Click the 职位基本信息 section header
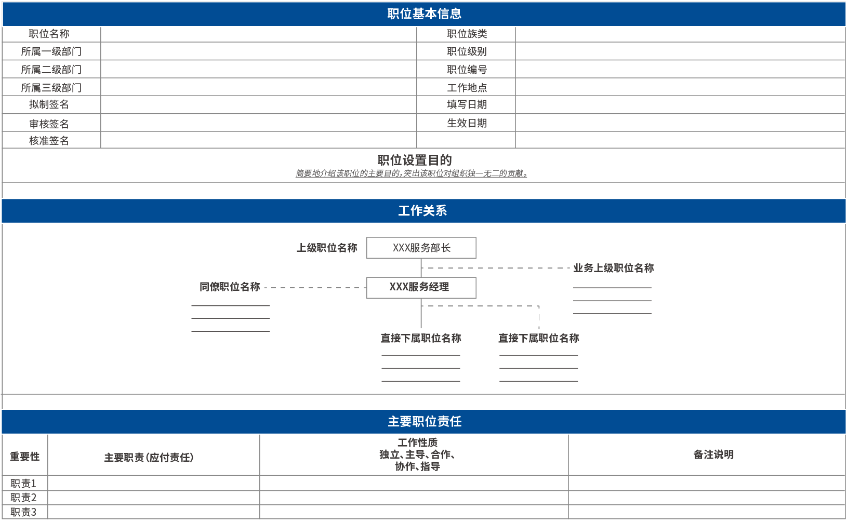click(x=424, y=14)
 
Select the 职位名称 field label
click(x=49, y=34)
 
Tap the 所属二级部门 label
click(x=51, y=70)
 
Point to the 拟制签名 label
click(x=49, y=104)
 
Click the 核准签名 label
click(x=49, y=141)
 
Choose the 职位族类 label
click(x=467, y=34)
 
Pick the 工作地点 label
click(x=467, y=88)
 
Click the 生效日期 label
click(x=467, y=123)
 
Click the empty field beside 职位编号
click(x=680, y=70)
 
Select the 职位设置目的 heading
click(x=415, y=160)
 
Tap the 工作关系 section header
click(x=422, y=211)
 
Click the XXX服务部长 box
click(x=421, y=248)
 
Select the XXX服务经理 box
click(x=421, y=287)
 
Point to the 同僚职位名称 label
click(x=230, y=287)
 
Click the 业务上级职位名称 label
click(x=613, y=268)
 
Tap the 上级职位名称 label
click(x=327, y=248)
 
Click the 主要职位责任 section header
click(x=424, y=422)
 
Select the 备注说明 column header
click(x=713, y=454)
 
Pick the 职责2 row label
click(x=23, y=498)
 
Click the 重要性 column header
click(x=24, y=457)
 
